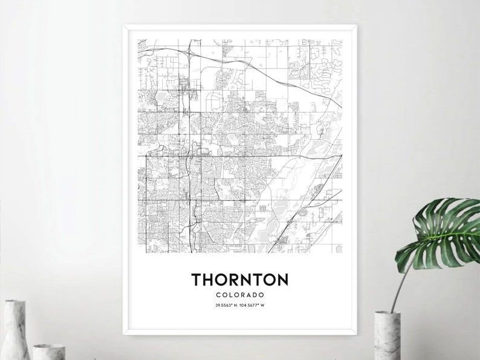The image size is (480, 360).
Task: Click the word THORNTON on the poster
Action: pos(240,280)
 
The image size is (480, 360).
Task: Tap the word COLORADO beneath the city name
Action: pos(240,295)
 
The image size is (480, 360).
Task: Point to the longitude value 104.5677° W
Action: pos(253,304)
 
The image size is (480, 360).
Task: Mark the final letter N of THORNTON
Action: pos(282,280)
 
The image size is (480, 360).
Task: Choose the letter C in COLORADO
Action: pos(218,295)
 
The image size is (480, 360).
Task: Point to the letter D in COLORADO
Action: pos(255,295)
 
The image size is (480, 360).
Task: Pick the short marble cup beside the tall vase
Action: pos(48,351)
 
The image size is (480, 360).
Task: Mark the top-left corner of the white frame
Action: pos(125,26)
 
